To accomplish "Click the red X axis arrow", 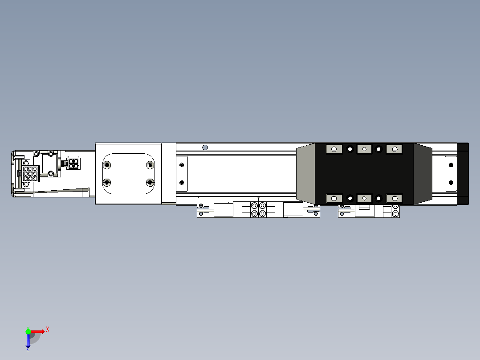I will coord(38,331).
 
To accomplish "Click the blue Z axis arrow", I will coord(28,340).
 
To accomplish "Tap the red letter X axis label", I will coord(48,329).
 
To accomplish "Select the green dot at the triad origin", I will coord(28,331).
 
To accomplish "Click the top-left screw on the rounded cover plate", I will coord(107,165).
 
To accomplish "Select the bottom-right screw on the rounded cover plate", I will coord(150,182).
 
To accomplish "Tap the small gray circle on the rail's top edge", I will coord(205,147).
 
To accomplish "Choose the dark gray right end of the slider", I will coord(423,174).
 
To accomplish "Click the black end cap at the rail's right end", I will coord(463,174).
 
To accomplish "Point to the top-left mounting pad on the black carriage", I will coord(334,149).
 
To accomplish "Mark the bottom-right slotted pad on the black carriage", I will coord(395,198).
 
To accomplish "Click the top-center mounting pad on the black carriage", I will coord(364,149).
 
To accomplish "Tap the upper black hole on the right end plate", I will coord(451,165).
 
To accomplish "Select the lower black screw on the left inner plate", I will coord(181,182).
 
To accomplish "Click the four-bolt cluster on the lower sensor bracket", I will coord(258,210).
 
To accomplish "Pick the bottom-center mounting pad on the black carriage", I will coord(364,198).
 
